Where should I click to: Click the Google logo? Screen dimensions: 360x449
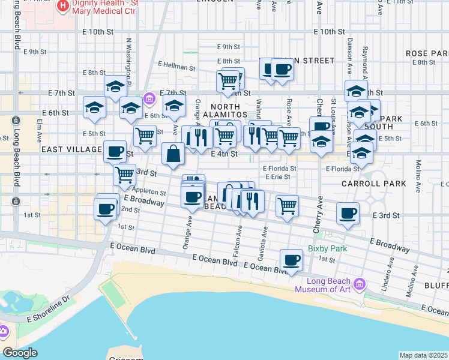20,353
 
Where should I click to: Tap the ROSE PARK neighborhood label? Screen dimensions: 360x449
426,53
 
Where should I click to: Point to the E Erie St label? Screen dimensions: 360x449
277,177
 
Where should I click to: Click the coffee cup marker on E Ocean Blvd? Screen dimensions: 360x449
292,260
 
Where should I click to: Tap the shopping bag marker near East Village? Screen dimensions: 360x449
173,154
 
